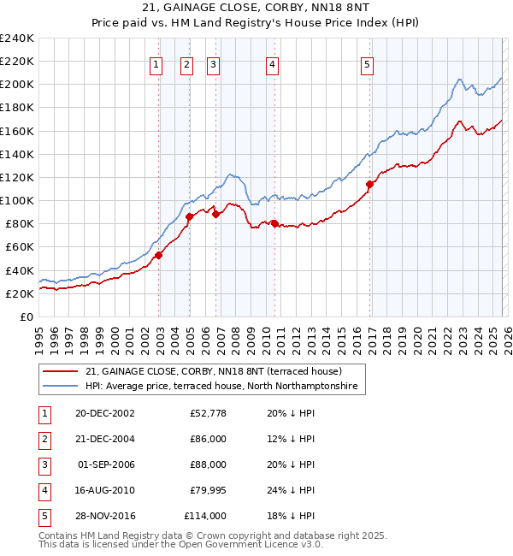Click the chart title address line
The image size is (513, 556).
[256, 8]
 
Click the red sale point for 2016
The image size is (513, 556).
[370, 184]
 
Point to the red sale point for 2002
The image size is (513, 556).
[159, 255]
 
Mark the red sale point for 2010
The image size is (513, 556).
[274, 223]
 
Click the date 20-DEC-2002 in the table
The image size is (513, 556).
[104, 413]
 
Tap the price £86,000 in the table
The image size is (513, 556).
[209, 439]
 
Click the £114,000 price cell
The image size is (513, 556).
[206, 516]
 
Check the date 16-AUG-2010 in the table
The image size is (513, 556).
[104, 490]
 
